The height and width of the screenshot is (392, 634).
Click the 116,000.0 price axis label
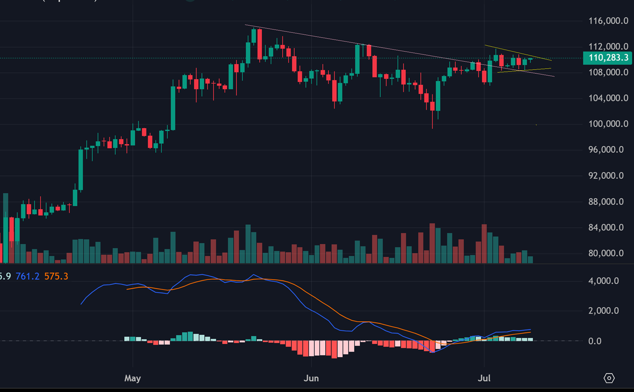(x=606, y=21)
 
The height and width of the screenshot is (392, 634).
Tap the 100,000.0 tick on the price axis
(x=606, y=124)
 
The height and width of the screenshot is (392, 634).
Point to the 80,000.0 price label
(x=606, y=253)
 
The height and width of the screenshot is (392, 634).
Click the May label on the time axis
(x=132, y=379)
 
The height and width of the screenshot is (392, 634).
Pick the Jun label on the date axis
(x=311, y=379)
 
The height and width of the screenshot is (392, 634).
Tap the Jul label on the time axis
(x=484, y=379)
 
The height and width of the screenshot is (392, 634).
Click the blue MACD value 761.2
(x=28, y=276)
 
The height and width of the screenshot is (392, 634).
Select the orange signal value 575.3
(x=56, y=276)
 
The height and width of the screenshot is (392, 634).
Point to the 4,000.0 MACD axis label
(x=604, y=281)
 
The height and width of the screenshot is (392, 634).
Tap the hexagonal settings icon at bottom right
(x=609, y=378)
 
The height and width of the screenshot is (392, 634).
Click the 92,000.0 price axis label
(x=606, y=176)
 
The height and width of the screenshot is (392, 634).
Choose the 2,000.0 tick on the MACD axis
(x=604, y=311)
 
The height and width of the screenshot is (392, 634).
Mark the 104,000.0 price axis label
(x=606, y=98)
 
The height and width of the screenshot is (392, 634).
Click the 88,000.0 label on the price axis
(x=606, y=201)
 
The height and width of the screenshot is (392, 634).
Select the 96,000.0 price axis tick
(x=606, y=150)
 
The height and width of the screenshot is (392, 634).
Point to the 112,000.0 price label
(x=606, y=47)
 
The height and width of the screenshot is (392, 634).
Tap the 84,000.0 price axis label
(x=606, y=227)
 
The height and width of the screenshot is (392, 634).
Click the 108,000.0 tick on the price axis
(x=606, y=72)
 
